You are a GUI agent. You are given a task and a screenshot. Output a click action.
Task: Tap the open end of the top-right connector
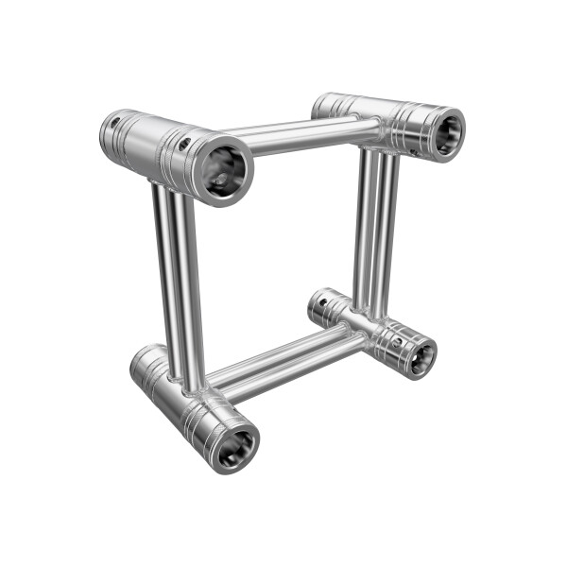click(446, 133)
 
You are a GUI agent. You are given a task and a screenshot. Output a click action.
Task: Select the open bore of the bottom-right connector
click(421, 356)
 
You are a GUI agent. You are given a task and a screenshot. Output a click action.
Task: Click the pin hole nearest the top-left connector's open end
click(185, 144)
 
